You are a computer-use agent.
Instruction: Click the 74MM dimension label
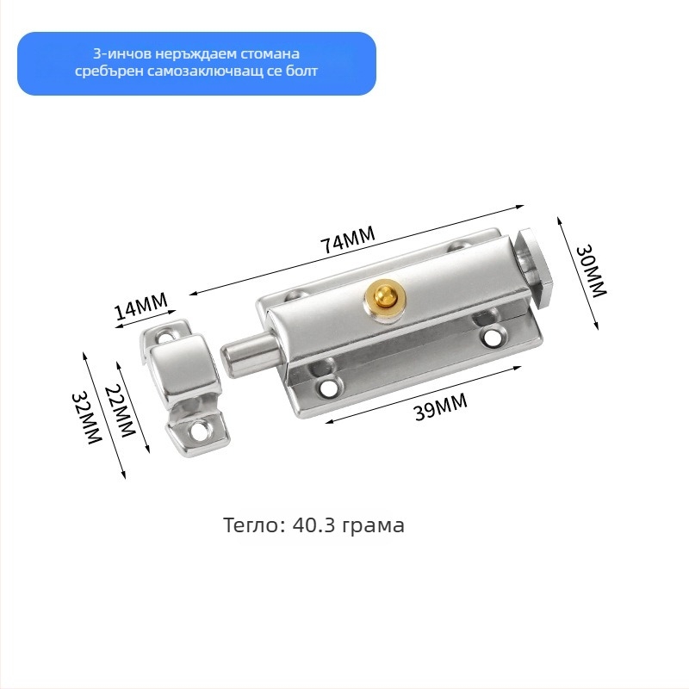348,239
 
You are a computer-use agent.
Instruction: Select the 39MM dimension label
441,407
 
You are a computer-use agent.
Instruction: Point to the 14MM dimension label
140,306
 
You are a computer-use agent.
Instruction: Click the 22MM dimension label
120,411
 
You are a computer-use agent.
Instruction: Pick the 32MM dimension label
87,418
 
